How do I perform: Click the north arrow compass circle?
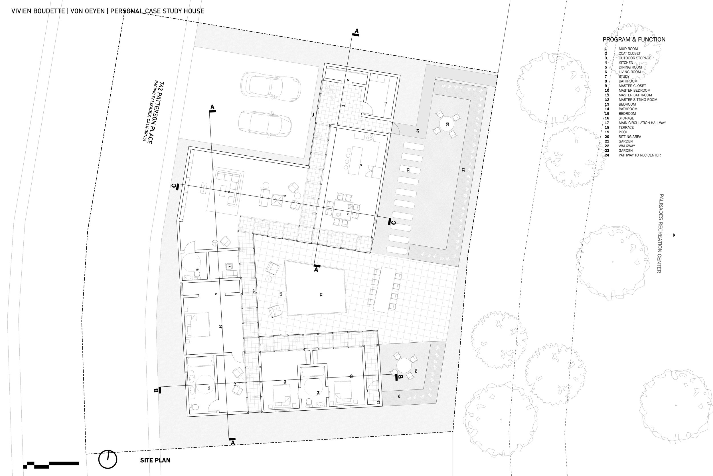pyautogui.click(x=108, y=459)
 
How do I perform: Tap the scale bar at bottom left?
pyautogui.click(x=51, y=463)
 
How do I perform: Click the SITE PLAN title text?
pyautogui.click(x=155, y=460)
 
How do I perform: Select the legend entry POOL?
pyautogui.click(x=623, y=132)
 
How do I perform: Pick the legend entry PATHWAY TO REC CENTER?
pyautogui.click(x=639, y=155)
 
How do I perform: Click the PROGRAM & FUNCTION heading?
pyautogui.click(x=634, y=39)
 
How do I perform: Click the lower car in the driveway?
pyautogui.click(x=265, y=124)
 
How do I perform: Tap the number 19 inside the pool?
pyautogui.click(x=321, y=294)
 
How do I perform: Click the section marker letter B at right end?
pyautogui.click(x=400, y=377)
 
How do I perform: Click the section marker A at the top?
pyautogui.click(x=356, y=31)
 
